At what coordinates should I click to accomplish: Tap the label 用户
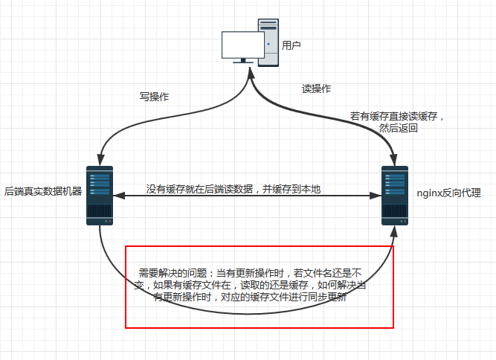[x=292, y=45]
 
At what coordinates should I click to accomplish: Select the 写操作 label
[x=155, y=96]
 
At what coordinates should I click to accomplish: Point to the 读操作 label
[x=316, y=89]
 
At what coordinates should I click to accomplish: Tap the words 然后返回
[x=399, y=128]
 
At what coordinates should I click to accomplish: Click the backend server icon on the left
[x=100, y=195]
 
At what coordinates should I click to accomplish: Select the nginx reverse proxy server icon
[x=395, y=195]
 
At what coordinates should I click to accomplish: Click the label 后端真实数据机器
[x=43, y=191]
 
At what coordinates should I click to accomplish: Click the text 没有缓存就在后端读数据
[x=199, y=189]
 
